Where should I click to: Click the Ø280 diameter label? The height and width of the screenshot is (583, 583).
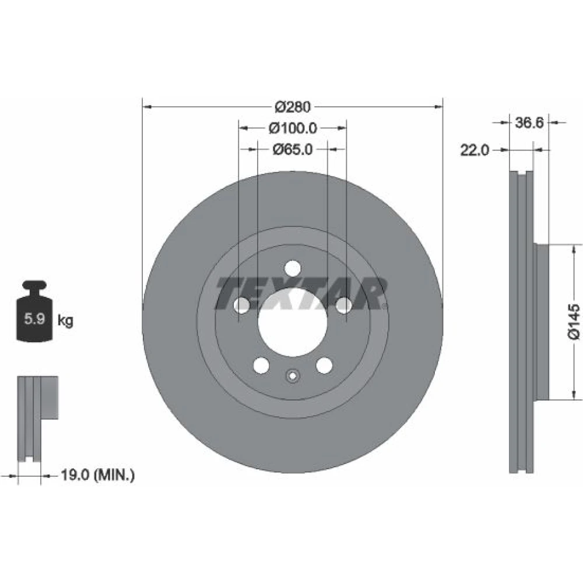click(292, 107)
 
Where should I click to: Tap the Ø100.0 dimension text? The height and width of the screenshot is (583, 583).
click(293, 128)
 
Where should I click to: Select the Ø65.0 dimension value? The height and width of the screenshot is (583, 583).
click(293, 149)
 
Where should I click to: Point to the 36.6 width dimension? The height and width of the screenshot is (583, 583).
click(529, 122)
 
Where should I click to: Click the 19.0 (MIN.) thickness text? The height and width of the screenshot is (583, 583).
click(97, 475)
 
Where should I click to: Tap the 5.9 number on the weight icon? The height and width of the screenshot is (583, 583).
click(34, 319)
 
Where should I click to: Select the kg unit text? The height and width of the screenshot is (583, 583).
click(65, 320)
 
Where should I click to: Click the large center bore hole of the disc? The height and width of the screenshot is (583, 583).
click(293, 323)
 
